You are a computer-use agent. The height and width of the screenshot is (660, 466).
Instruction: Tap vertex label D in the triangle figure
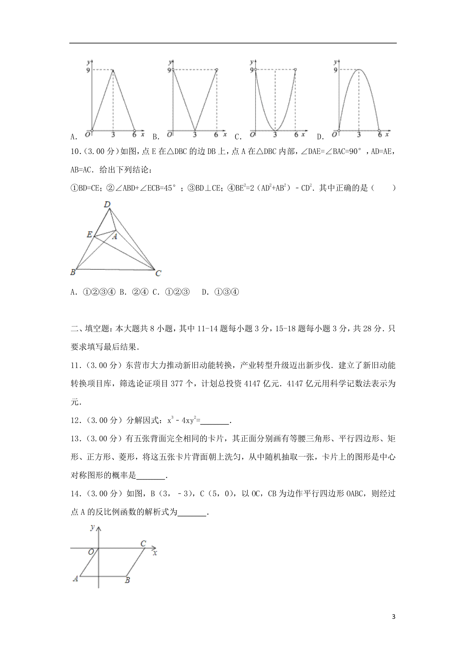(x=108, y=204)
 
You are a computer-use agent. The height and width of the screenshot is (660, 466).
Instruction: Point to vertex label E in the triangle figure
(x=89, y=234)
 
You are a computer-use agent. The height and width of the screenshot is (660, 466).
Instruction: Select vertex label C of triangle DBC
(x=158, y=274)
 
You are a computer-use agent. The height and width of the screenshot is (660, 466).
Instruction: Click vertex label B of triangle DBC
(x=73, y=272)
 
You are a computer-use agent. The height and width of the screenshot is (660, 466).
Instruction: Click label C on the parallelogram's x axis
(x=143, y=543)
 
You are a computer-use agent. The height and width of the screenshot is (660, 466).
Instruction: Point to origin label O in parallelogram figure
(x=91, y=552)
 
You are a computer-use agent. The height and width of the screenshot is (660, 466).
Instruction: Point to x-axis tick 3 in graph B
(x=195, y=135)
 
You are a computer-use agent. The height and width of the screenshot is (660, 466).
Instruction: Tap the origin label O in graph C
(x=253, y=135)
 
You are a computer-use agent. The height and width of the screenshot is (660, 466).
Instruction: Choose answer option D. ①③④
(x=220, y=292)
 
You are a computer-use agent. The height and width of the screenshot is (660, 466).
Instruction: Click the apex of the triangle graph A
(x=113, y=70)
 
